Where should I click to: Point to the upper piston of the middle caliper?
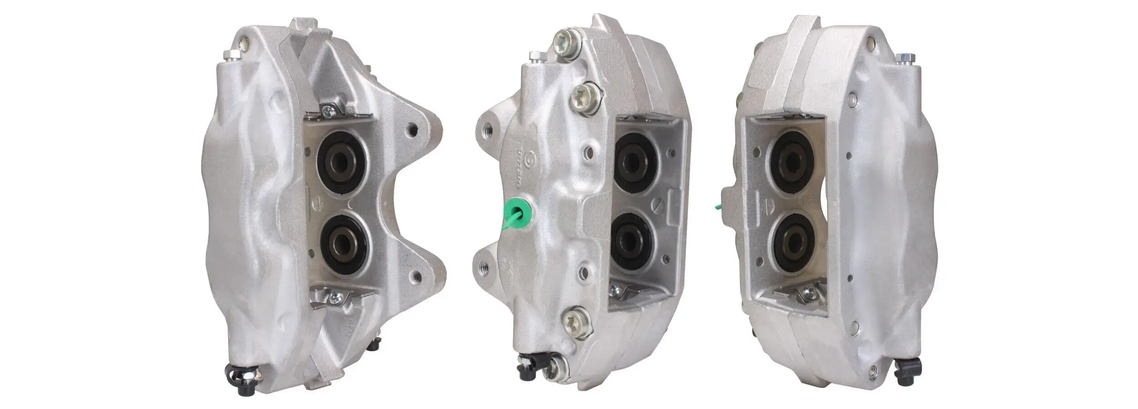(635, 159)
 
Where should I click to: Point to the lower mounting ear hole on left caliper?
(416, 275)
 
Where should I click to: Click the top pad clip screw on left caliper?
(328, 110)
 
